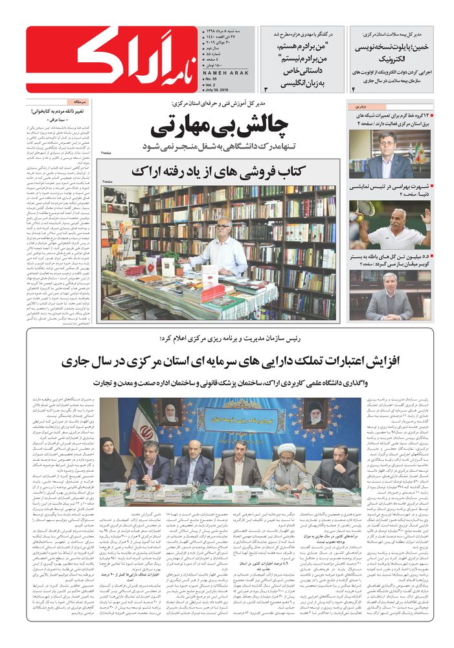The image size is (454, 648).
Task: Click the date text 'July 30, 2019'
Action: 210,86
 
